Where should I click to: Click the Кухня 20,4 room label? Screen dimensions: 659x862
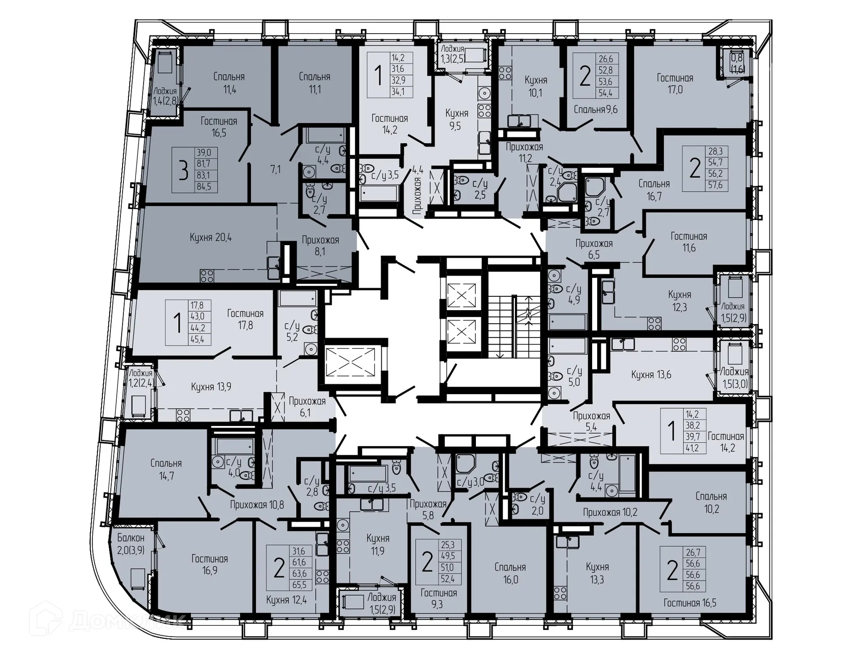point(211,237)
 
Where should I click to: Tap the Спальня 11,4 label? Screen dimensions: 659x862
point(229,83)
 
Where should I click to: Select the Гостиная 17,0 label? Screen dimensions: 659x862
point(675,83)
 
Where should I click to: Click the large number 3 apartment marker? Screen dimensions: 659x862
point(183,171)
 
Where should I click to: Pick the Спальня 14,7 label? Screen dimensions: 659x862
point(166,469)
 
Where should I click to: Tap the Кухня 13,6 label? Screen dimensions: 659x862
point(651,374)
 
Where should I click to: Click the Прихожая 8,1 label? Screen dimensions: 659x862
point(320,246)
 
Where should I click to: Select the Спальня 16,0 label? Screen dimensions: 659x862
point(510,573)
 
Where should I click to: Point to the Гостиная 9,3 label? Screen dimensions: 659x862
point(439,598)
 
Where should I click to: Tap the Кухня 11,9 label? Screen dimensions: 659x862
point(378,544)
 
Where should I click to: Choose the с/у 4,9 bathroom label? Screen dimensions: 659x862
point(573,294)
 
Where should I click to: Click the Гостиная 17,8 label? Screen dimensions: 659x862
point(245,319)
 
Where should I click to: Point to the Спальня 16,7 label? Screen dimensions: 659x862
point(654,190)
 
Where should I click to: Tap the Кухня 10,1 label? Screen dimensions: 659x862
point(536,86)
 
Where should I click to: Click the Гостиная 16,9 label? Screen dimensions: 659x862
point(210,565)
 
